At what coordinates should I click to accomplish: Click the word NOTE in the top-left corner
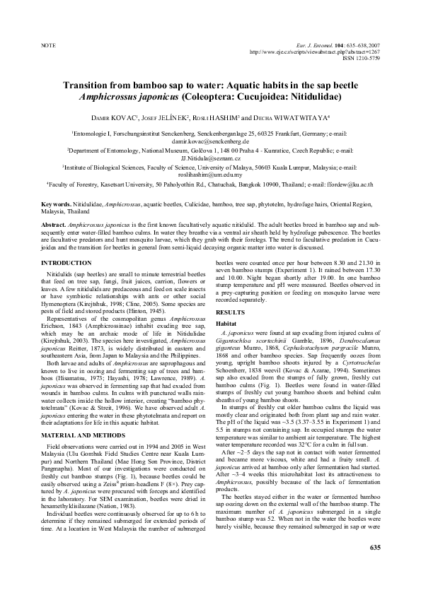[49, 45]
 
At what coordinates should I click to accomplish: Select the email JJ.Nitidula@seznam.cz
[210, 159]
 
